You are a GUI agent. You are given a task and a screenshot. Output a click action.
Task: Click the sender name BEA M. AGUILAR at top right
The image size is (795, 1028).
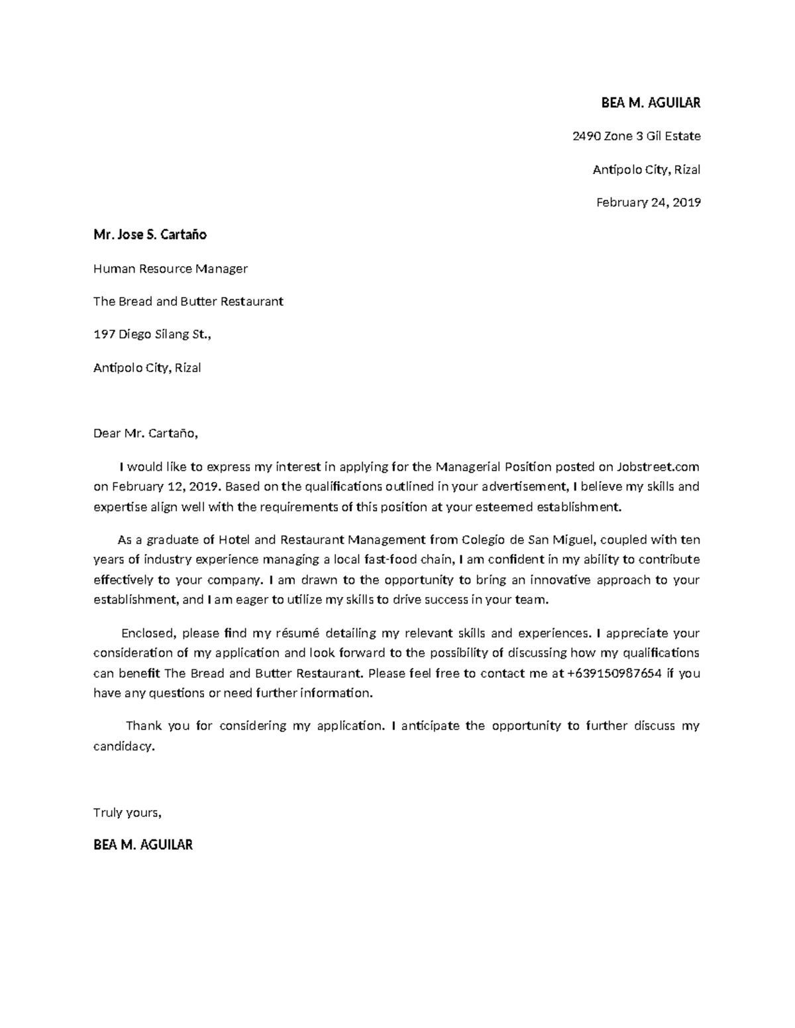[x=650, y=103]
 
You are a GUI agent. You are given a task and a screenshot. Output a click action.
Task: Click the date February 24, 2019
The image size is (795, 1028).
[x=648, y=203]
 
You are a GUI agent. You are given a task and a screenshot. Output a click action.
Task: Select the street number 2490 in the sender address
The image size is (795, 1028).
[x=586, y=136]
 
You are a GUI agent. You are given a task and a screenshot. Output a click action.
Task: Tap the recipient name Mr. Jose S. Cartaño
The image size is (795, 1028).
[x=150, y=235]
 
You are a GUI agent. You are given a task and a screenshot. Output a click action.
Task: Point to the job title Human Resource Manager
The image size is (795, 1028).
[x=170, y=269]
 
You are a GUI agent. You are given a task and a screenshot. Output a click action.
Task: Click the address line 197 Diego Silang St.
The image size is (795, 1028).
[x=152, y=335]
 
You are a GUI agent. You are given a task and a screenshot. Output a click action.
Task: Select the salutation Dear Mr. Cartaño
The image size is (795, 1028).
[x=145, y=434]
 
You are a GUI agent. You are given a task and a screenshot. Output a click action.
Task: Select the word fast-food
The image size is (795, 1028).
[x=392, y=560]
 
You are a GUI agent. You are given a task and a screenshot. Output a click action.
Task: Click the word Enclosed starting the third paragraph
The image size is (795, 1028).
[x=148, y=633]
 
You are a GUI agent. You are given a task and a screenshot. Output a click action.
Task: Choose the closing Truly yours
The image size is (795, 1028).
[x=127, y=813]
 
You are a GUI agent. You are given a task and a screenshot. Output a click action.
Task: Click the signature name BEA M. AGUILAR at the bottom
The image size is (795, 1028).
[x=143, y=845]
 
